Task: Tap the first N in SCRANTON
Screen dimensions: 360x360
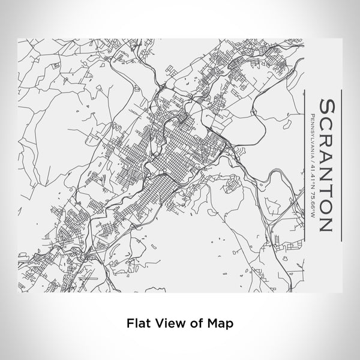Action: tap(326, 176)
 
